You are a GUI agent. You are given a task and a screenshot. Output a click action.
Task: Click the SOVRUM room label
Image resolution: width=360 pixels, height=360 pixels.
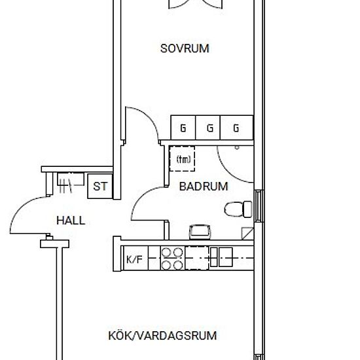pos(185,48)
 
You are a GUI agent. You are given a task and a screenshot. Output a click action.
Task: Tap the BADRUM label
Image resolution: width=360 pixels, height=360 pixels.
pos(204,187)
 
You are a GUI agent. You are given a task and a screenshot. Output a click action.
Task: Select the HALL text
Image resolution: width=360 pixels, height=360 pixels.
pos(71,221)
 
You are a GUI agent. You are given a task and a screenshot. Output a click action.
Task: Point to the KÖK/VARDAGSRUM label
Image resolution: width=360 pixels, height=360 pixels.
pos(162,335)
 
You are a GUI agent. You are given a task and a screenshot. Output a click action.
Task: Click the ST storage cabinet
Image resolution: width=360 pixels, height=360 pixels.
pos(100,186)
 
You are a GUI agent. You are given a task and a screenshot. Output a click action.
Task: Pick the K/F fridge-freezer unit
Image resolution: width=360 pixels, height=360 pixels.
pos(135,258)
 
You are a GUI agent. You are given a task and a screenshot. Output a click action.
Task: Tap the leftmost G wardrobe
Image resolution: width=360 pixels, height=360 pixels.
pos(183,128)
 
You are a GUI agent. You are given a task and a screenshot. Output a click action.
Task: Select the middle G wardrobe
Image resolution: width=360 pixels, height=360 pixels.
pos(207,128)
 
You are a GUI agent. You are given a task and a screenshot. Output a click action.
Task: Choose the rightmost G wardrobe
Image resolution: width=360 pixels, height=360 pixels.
pos(236,128)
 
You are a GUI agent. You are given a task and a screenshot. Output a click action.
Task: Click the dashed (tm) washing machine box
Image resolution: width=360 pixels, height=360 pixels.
pos(182,159)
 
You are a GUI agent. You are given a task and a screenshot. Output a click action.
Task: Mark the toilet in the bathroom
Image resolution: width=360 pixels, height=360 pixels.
pos(238,209)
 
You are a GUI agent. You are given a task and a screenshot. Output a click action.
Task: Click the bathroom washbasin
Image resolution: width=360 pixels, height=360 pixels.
pos(200,232)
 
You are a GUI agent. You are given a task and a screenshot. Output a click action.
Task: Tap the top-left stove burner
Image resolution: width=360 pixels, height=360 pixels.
pos(166,252)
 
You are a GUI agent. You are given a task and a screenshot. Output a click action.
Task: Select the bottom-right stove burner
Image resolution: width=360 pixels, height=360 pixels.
pos(178,265)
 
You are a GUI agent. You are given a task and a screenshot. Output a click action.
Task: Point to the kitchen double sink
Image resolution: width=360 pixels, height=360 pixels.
pos(221,257)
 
